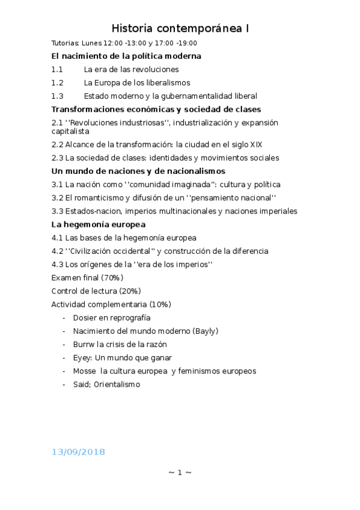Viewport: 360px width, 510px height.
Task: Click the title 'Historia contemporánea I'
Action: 180,28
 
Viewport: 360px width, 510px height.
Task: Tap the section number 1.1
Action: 57,69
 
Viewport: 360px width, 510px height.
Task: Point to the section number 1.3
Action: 57,96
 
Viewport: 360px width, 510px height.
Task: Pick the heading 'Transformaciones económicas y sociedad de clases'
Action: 156,109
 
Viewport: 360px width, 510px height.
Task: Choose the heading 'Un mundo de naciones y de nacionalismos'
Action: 138,171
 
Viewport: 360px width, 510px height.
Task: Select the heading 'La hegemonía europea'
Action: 99,224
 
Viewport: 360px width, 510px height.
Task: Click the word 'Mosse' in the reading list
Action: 85,370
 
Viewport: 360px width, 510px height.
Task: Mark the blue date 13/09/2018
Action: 78,451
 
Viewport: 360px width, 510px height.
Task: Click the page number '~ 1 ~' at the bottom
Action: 180,473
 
